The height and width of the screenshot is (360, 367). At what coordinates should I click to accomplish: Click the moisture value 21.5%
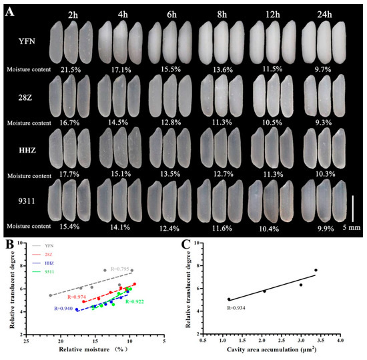pyautogui.click(x=71, y=69)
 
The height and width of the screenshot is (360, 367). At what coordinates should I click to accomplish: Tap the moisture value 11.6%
pyautogui.click(x=216, y=227)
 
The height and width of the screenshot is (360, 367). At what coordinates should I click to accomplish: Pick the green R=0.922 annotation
pyautogui.click(x=136, y=302)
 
